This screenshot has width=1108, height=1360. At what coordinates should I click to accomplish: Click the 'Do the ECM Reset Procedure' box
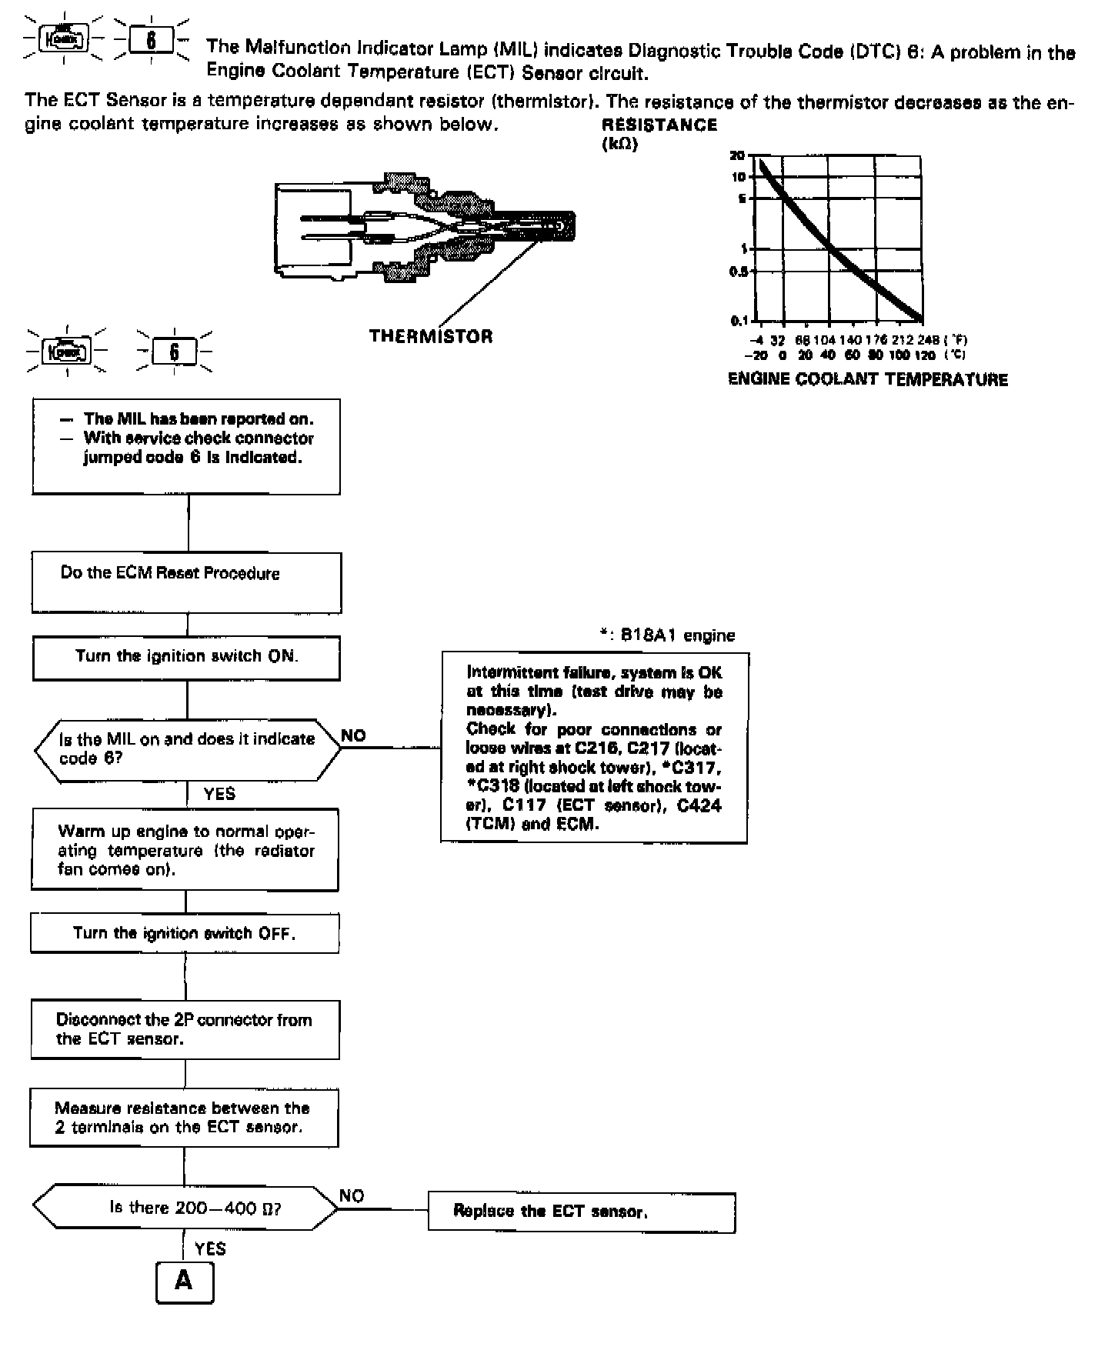point(186,582)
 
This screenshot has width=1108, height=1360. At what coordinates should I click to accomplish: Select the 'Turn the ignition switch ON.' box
point(186,657)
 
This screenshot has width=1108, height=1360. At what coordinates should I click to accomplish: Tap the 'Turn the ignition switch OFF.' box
point(185,933)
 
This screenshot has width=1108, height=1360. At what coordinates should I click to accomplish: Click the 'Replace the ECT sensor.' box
point(582,1212)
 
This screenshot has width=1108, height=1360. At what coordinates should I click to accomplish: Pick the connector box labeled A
point(185,1282)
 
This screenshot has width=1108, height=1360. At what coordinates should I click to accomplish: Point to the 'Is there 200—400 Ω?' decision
point(185,1208)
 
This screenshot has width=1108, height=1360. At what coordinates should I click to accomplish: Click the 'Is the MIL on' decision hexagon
point(187,749)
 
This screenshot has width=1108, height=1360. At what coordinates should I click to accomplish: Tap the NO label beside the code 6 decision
point(353,735)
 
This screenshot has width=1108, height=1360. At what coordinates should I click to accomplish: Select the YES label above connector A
point(210,1248)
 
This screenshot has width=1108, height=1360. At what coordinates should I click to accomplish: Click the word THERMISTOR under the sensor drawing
point(431,336)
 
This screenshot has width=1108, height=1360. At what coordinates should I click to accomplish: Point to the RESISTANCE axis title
point(659,125)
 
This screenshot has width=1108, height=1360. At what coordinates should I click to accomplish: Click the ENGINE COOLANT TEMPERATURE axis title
point(867,379)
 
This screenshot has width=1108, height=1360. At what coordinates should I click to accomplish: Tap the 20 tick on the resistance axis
point(737,155)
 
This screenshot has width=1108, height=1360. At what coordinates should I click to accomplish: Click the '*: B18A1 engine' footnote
point(667,635)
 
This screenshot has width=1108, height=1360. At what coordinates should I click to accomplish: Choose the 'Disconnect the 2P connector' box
point(185,1029)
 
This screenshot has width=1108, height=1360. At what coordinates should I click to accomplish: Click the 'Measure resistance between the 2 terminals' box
point(184,1118)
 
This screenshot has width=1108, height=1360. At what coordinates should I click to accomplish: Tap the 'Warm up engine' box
point(185,850)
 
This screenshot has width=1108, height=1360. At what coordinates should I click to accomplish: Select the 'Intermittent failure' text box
point(594,748)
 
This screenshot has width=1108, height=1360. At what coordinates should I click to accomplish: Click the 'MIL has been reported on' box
point(186,446)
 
